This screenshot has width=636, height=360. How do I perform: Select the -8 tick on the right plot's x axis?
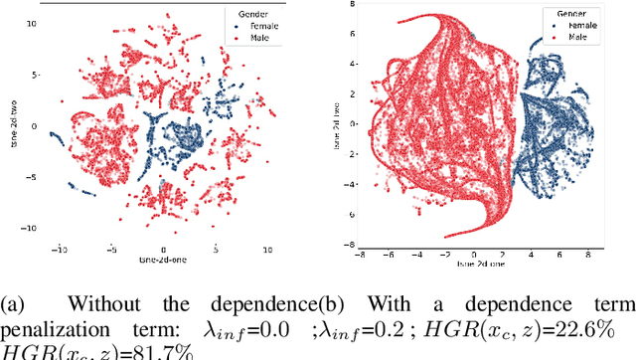tap(355, 254)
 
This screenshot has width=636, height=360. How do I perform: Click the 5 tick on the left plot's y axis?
tap(34, 75)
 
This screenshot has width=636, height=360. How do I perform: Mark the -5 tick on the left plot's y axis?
tap(32, 177)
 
